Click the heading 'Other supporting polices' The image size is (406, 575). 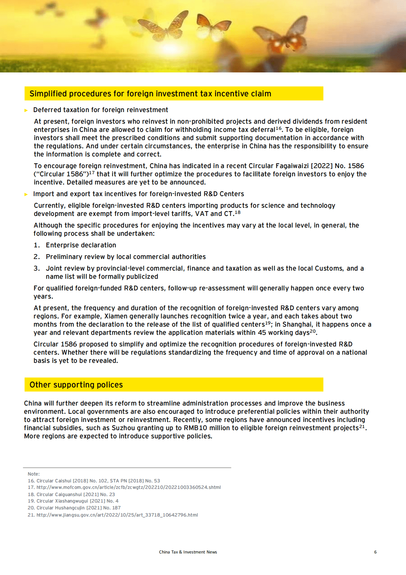[76, 385]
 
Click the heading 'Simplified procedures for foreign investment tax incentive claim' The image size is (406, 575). [150, 94]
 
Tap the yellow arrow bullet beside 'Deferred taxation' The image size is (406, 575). [26, 110]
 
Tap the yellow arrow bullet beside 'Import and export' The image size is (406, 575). [26, 194]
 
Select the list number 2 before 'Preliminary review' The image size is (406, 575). [36, 257]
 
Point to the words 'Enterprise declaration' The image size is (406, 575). [81, 245]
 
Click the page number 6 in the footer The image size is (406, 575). [375, 552]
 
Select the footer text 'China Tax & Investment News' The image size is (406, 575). [188, 552]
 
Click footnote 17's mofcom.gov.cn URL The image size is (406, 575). [128, 488]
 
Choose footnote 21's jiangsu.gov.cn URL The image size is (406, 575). [117, 515]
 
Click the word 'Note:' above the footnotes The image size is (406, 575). [34, 474]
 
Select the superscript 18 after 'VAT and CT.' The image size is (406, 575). [238, 212]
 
